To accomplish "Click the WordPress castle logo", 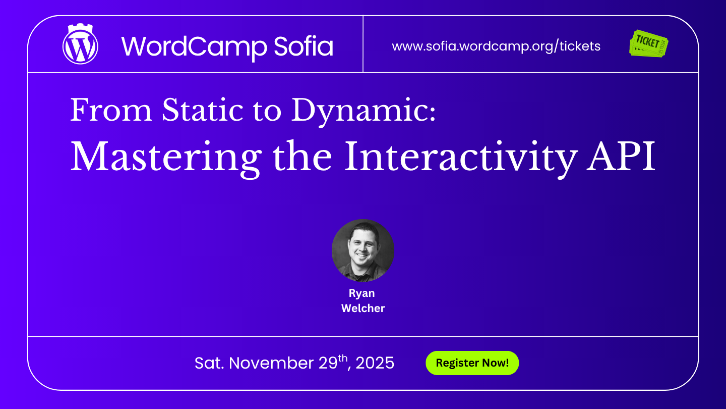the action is [80, 44].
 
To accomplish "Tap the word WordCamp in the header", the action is [194, 47].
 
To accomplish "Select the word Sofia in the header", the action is [304, 46].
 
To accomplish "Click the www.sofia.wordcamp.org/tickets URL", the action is [496, 46].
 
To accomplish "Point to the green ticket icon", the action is [648, 44].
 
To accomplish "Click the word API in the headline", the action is [621, 157].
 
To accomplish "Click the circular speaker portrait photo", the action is [363, 250].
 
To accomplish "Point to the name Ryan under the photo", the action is [361, 293].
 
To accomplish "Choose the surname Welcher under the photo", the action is [363, 308].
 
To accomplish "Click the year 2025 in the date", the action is [375, 363].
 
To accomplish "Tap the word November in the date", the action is [271, 363].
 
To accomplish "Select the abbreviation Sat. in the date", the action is [209, 363].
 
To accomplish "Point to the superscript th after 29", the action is [343, 359].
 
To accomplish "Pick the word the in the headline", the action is [302, 157].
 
